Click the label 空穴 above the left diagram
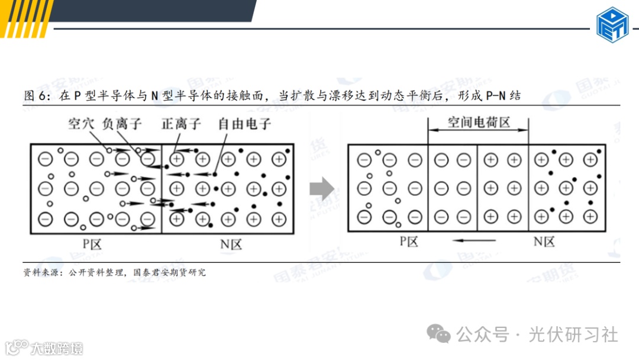(82, 124)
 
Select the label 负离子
(122, 124)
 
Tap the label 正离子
(181, 124)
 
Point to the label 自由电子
(244, 124)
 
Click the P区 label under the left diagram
(92, 243)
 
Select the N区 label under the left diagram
(228, 243)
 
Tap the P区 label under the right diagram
(408, 241)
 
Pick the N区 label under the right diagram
(544, 241)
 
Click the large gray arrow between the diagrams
(322, 189)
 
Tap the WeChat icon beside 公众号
(440, 335)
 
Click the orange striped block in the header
(27, 18)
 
